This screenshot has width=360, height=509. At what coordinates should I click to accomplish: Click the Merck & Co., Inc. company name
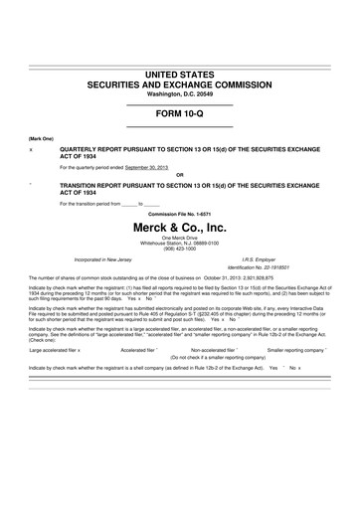180,227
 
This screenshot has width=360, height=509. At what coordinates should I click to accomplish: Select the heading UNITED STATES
180,74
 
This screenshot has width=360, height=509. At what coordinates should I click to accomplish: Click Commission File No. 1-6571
180,213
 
